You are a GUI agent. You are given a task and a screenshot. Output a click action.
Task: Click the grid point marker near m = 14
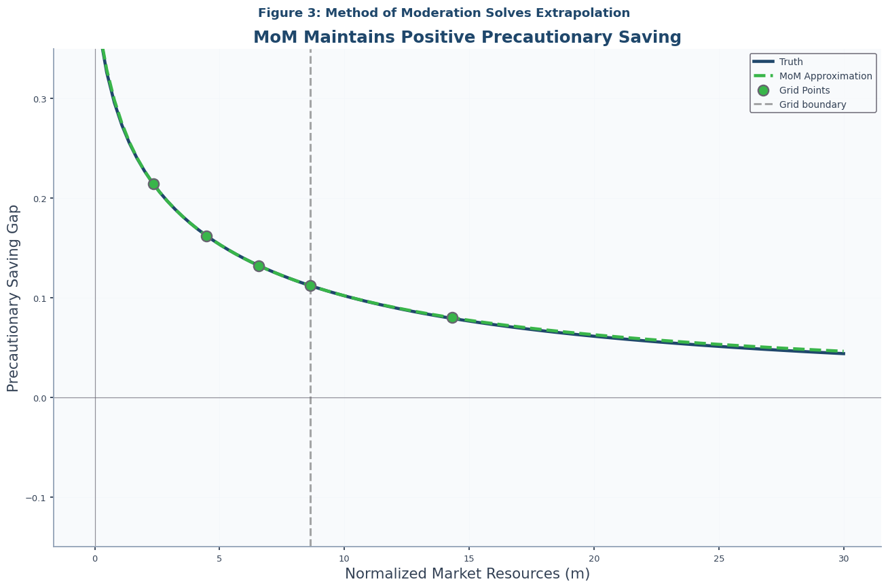point(452,317)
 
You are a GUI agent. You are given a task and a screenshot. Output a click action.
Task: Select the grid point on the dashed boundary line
point(310,286)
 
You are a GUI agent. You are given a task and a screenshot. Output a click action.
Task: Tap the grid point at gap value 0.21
point(153,184)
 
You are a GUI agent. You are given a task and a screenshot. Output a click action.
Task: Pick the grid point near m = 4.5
point(206,236)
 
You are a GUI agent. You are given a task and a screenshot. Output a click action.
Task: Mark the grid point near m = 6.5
point(259,266)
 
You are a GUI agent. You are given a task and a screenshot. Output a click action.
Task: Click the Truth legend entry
point(791,62)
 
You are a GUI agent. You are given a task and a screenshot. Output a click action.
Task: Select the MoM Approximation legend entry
point(825,76)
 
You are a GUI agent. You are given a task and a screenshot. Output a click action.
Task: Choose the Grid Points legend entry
point(804,90)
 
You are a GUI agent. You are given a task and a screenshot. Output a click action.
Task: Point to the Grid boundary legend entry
point(812,104)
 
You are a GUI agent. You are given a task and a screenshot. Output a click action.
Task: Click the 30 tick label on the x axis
point(844,559)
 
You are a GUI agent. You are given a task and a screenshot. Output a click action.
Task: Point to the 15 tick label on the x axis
point(469,559)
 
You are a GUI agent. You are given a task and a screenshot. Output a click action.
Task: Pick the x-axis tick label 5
point(219,559)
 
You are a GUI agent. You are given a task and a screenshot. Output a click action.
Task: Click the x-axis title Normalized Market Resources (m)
point(467,574)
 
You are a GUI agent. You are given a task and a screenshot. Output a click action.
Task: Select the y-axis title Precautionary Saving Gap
point(14,298)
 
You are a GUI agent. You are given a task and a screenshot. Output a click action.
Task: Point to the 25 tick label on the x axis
point(719,559)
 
